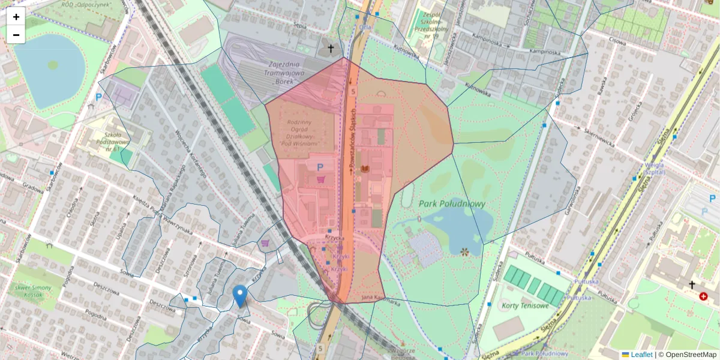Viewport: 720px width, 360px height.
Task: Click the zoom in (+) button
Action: tap(16, 17)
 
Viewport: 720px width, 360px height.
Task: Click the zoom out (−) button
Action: tap(16, 35)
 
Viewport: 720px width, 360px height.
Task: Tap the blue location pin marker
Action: tap(240, 296)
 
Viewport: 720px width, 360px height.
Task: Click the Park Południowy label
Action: tap(452, 204)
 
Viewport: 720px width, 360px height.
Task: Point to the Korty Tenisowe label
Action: tap(524, 306)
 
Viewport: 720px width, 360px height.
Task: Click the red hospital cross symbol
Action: tap(703, 296)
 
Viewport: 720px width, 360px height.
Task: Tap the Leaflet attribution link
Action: tap(641, 355)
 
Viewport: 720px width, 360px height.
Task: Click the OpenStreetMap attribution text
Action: tap(688, 355)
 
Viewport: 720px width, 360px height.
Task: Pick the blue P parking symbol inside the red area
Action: tap(320, 167)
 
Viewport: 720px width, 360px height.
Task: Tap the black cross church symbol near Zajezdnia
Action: tap(330, 47)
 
